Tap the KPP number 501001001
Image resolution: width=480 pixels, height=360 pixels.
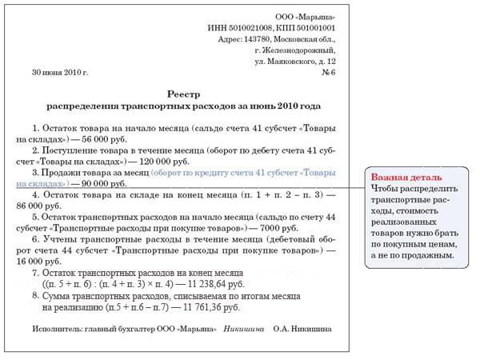[x=314, y=27]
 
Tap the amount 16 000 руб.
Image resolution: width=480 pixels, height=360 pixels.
[x=49, y=261]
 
